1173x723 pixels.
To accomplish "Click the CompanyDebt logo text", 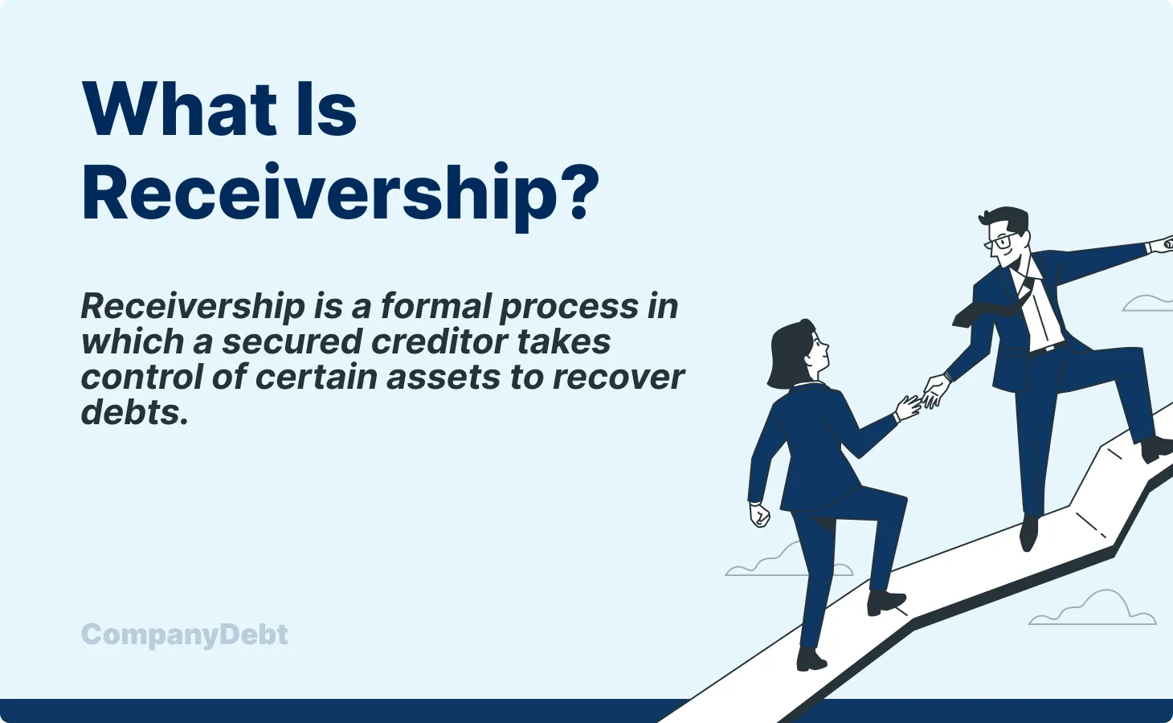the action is coord(184,635).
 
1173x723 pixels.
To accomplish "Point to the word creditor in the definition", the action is coord(439,341).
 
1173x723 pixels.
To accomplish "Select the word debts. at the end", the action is coord(134,413).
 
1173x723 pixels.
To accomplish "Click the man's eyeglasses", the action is coord(1001,242).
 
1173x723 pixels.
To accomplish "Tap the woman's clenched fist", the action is coord(759,515).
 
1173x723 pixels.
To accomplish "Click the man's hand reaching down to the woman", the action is coord(937,391).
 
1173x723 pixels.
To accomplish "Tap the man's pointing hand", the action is coord(1161,244).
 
